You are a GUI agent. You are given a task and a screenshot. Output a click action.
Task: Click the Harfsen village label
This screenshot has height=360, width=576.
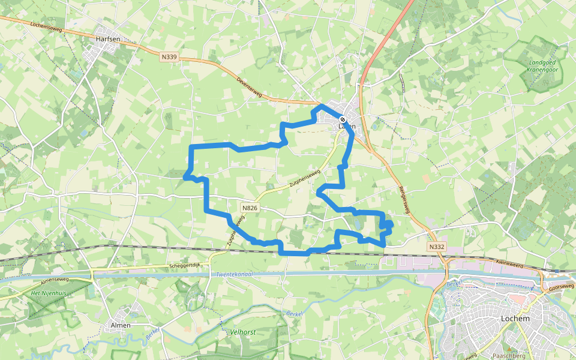(x=108, y=39)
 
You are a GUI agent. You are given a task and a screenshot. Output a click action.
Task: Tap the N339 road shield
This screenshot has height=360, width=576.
(x=170, y=57)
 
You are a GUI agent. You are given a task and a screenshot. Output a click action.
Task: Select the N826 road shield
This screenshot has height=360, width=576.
(x=250, y=208)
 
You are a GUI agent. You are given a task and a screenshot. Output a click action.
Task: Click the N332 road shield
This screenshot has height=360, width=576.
(x=436, y=247)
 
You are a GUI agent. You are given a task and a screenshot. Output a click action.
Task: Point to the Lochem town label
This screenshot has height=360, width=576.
(x=515, y=319)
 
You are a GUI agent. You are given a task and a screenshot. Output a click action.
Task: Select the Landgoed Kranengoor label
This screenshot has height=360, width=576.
(x=544, y=65)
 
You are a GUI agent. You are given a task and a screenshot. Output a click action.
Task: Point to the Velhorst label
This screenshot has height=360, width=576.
(x=243, y=331)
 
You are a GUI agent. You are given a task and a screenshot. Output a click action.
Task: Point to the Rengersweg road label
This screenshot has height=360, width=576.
(x=404, y=197)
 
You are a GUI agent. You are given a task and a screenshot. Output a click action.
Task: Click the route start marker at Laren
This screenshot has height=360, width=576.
(x=342, y=119)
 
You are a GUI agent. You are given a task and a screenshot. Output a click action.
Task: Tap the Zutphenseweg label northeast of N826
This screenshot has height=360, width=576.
(x=305, y=179)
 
